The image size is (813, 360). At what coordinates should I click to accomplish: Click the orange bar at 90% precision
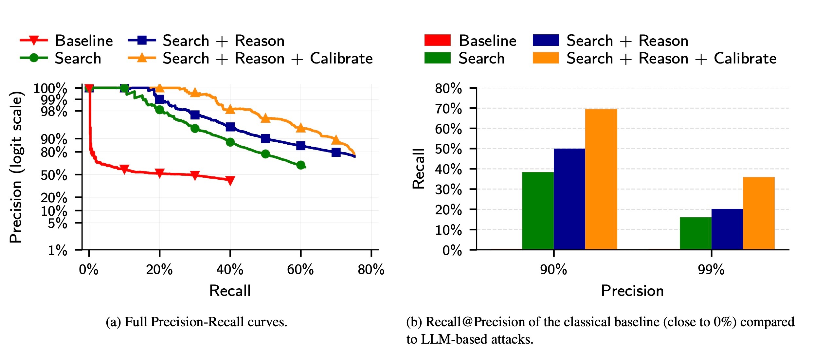[x=601, y=179]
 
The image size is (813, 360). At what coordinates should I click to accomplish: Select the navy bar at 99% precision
[x=727, y=229]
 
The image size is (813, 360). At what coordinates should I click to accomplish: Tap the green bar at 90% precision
[x=538, y=211]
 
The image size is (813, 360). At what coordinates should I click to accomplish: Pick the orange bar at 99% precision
[x=759, y=213]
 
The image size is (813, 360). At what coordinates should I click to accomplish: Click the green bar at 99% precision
[x=696, y=233]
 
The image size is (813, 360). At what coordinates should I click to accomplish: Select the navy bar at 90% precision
[x=569, y=199]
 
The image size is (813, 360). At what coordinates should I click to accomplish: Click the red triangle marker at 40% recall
[x=230, y=180]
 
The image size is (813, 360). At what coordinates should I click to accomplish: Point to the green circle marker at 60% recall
[x=301, y=165]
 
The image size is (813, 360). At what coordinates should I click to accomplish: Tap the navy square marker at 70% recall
[x=336, y=152]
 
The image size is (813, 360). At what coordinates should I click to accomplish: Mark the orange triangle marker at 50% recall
[x=265, y=118]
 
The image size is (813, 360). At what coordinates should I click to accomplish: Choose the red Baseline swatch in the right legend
[x=437, y=40]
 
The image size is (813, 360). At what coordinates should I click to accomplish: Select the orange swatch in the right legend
[x=545, y=58]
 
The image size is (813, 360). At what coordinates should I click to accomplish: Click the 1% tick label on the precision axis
[x=58, y=250]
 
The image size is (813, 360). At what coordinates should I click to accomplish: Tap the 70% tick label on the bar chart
[x=448, y=109]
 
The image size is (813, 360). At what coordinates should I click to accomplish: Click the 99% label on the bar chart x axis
[x=711, y=270]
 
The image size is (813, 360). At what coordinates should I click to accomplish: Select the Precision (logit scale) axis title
[x=16, y=167]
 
